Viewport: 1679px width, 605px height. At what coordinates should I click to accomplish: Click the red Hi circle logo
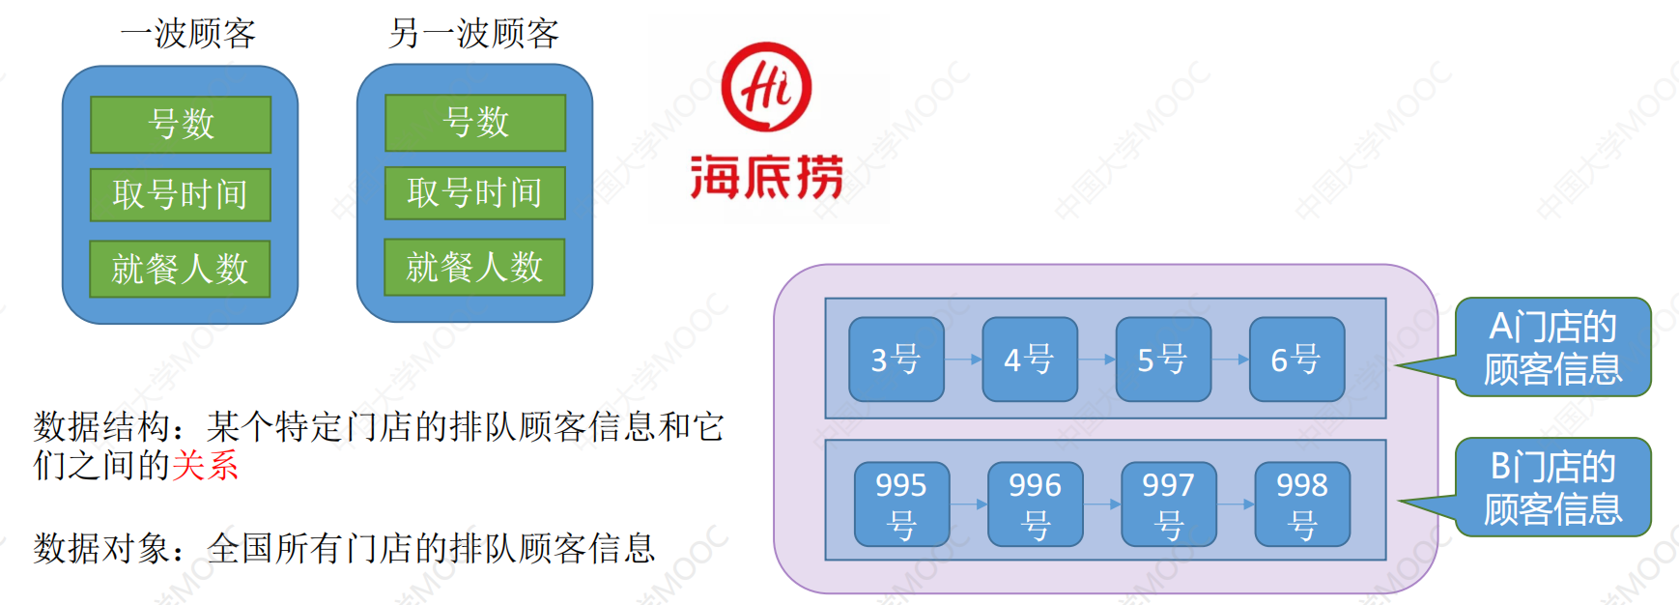[766, 87]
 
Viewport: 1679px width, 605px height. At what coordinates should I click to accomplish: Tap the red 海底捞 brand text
[767, 177]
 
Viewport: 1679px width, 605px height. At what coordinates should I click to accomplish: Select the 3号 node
[896, 360]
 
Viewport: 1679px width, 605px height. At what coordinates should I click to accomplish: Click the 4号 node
[1029, 360]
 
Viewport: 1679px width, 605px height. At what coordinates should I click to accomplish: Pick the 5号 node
[1162, 360]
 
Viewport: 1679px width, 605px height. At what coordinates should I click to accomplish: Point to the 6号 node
[1295, 360]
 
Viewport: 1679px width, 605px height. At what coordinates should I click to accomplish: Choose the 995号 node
[901, 504]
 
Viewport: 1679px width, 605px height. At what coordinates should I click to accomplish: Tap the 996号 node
[1035, 504]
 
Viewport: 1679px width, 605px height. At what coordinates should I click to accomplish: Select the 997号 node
[1168, 504]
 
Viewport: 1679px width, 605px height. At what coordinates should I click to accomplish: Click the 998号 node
[1301, 504]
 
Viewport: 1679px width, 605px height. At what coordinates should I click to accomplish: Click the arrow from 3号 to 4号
[963, 360]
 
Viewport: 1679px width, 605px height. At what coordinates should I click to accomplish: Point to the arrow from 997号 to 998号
[1236, 504]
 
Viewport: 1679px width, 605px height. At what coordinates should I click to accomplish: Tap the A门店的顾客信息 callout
[1552, 348]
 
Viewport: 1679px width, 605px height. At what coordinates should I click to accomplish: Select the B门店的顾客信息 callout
[1552, 488]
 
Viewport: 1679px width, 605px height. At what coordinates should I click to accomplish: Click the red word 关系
[205, 466]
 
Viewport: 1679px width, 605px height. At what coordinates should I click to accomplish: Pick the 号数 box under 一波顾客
[181, 125]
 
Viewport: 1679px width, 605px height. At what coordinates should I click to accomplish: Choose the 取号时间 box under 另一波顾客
[474, 193]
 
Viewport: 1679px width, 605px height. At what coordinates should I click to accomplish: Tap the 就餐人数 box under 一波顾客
[180, 269]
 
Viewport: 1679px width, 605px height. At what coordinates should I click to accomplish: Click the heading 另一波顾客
[473, 34]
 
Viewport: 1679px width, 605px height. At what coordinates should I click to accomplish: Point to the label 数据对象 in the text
[101, 549]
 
